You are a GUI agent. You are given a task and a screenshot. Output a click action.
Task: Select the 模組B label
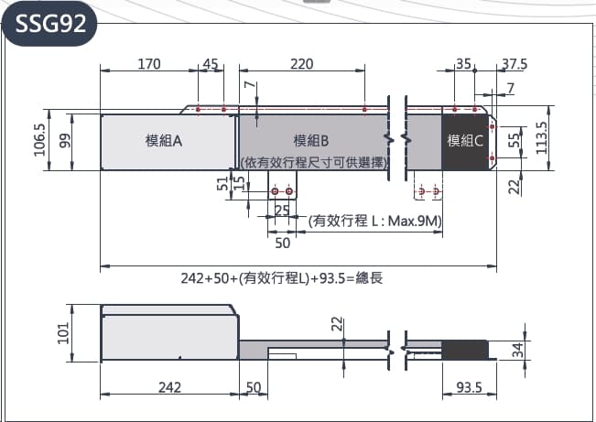tap(312, 140)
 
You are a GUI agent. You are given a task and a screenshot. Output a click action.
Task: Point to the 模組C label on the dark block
tap(465, 140)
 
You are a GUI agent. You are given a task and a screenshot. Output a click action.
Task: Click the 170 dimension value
tap(149, 64)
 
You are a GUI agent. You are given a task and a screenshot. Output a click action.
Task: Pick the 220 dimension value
tap(301, 64)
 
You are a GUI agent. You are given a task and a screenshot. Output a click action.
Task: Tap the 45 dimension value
tap(211, 64)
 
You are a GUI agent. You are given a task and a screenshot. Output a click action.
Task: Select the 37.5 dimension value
tap(515, 64)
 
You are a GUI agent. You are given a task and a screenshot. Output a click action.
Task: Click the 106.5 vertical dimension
tap(39, 140)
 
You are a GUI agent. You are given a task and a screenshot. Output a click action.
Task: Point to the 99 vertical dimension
tap(64, 140)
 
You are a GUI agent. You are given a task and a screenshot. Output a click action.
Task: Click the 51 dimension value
tap(222, 184)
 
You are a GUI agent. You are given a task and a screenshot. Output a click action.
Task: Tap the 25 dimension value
tap(282, 211)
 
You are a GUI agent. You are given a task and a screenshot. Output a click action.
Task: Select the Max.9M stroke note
tap(375, 221)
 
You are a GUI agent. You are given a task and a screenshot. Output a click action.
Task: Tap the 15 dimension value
tap(240, 184)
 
